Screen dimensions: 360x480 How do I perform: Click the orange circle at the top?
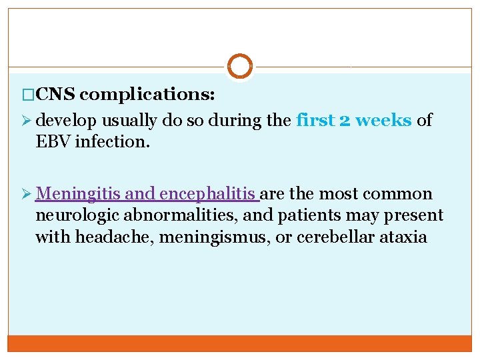click(x=240, y=67)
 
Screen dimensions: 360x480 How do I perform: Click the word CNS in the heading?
click(x=57, y=95)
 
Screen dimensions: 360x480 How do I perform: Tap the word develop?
click(x=63, y=121)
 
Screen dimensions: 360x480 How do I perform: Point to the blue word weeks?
click(x=385, y=121)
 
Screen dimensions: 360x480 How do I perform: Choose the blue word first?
click(x=316, y=121)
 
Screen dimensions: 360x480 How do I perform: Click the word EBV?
click(x=51, y=142)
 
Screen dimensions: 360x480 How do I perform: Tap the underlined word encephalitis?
click(x=208, y=195)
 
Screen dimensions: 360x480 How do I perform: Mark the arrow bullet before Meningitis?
click(x=27, y=195)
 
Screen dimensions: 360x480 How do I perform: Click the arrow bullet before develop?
click(x=27, y=121)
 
